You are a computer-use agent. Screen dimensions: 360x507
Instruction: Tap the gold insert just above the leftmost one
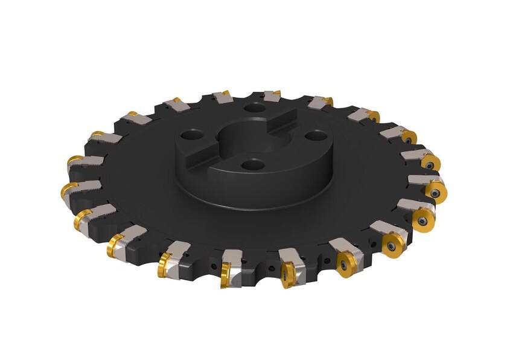pos(74,161)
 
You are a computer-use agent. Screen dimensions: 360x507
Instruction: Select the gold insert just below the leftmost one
pos(83,219)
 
